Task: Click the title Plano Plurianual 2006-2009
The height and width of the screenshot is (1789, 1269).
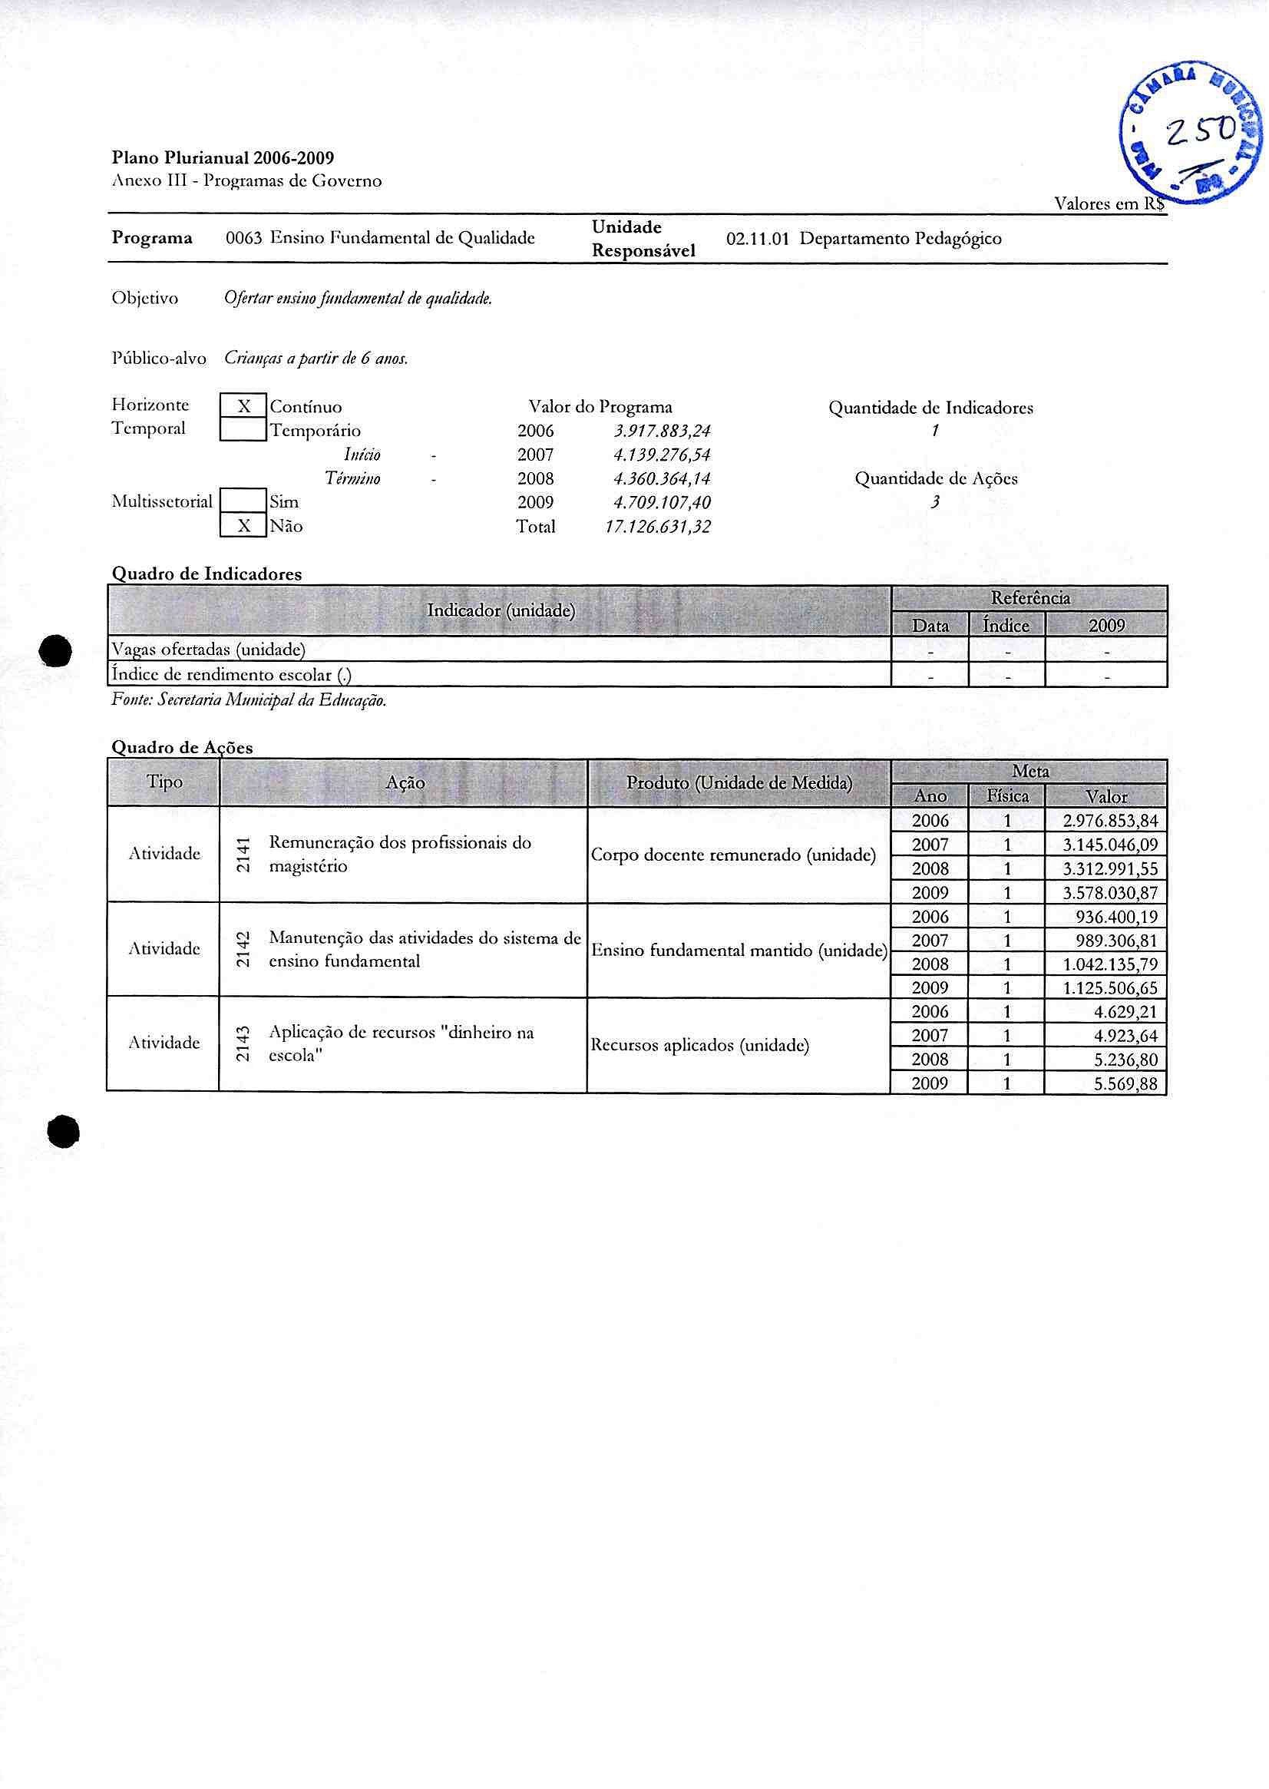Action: [x=223, y=158]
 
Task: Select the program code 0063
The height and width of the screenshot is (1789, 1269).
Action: [x=243, y=238]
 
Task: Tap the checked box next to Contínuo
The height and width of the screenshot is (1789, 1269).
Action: [x=244, y=406]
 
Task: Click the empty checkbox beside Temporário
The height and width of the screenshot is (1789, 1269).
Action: [x=244, y=430]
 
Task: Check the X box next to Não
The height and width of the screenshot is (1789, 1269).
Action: [x=244, y=526]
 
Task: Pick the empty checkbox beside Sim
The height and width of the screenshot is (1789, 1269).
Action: [x=244, y=501]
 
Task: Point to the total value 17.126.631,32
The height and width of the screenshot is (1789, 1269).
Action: [x=658, y=527]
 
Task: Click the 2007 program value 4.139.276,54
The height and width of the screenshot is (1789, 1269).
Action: [x=662, y=455]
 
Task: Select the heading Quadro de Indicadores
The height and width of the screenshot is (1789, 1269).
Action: [x=207, y=574]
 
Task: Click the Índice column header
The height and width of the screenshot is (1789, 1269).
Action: [x=1006, y=625]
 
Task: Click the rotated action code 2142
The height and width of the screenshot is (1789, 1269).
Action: [x=243, y=949]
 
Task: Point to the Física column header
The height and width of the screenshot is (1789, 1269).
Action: [x=1007, y=796]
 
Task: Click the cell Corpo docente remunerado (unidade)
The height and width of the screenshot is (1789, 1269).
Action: [x=733, y=855]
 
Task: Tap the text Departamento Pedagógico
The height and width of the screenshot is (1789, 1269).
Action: [x=901, y=238]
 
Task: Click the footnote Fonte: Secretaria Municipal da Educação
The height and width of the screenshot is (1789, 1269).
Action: [x=250, y=700]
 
